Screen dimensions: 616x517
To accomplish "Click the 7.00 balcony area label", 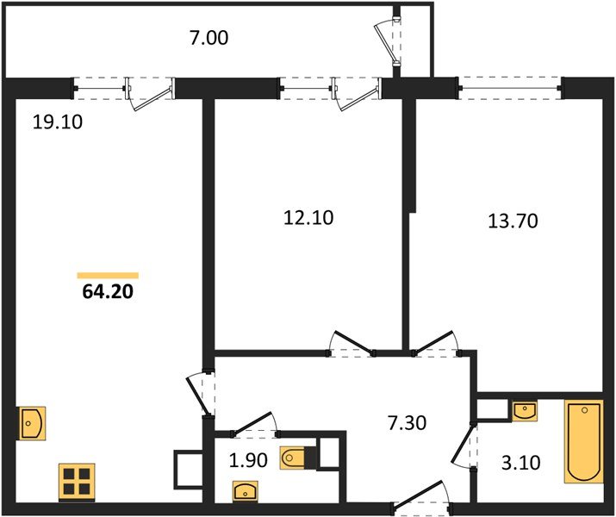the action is (208, 39).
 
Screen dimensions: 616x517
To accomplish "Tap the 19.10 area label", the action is (58, 122).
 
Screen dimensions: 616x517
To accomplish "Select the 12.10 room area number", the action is (308, 218).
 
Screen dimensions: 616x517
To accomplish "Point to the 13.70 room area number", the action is (513, 221).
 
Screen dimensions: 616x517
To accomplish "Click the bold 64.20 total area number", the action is (108, 291).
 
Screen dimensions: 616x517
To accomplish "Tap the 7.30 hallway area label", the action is (407, 423).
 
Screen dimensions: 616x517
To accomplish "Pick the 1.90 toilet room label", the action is (248, 460).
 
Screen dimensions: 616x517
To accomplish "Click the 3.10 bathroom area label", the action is (521, 463).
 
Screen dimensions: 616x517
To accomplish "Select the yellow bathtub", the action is (584, 441).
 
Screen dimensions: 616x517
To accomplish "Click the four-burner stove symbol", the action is (77, 483).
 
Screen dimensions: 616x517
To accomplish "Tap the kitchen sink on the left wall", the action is (33, 423).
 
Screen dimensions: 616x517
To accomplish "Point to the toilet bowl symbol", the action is (292, 458).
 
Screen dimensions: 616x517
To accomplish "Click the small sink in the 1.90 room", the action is (246, 491).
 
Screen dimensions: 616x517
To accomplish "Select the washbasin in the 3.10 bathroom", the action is (525, 411).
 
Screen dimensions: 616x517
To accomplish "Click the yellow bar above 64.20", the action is (108, 276).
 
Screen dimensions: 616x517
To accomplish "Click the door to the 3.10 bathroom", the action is (464, 445).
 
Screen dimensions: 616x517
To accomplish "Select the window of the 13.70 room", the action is (511, 88).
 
